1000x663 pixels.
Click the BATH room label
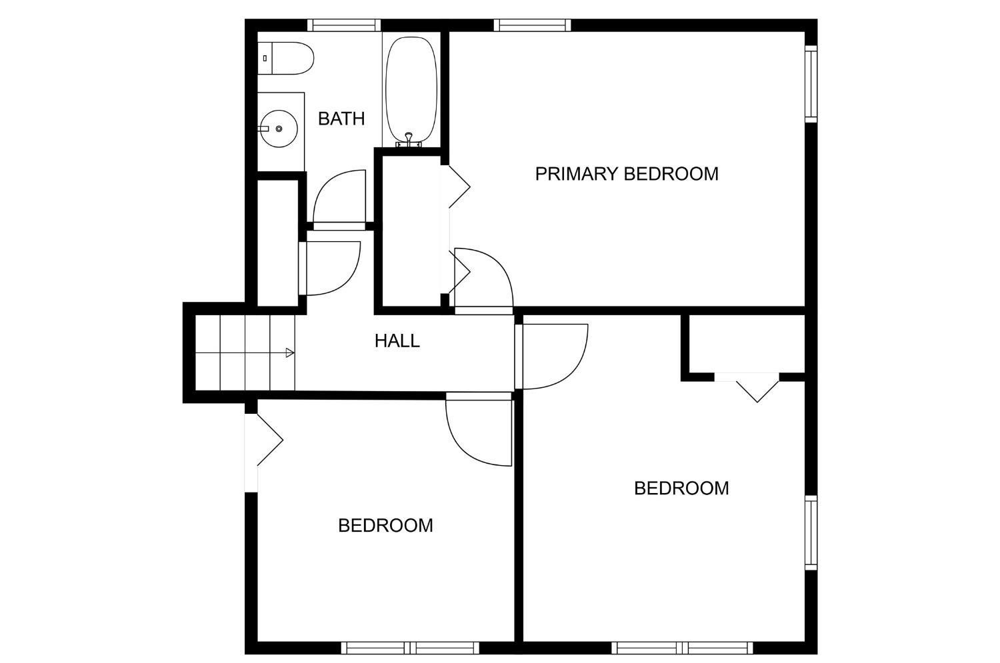[x=341, y=119]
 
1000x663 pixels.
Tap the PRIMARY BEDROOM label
[x=627, y=173]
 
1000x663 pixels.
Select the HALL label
[x=397, y=341]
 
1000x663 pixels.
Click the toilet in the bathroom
[x=286, y=58]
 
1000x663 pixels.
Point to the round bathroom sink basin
[x=279, y=129]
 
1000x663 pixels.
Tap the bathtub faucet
[x=409, y=140]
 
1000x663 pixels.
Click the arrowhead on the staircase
[x=290, y=353]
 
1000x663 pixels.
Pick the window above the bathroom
[x=344, y=25]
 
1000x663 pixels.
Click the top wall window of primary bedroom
[x=532, y=25]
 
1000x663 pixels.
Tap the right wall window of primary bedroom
[x=811, y=83]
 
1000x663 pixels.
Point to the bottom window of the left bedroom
[x=410, y=648]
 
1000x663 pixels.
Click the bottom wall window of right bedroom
[x=682, y=648]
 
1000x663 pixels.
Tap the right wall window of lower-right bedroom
[x=811, y=532]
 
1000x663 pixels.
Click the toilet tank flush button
[x=265, y=58]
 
